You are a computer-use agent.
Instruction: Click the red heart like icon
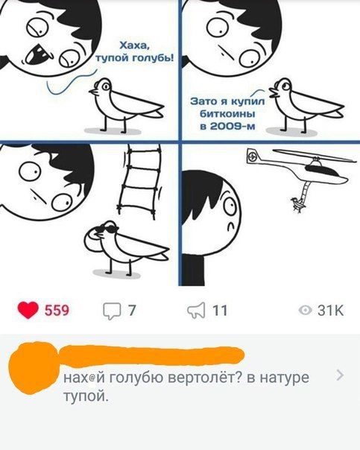click(x=28, y=310)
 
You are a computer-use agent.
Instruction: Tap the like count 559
click(x=57, y=311)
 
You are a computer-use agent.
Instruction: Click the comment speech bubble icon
click(x=112, y=311)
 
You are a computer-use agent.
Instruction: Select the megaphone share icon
click(x=196, y=310)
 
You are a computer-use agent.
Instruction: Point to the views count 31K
click(x=330, y=310)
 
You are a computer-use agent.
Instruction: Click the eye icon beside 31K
click(x=305, y=310)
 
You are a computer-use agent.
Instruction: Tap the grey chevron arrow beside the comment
click(x=340, y=375)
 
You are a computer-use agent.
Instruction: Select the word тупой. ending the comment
click(x=86, y=397)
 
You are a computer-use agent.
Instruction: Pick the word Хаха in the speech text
click(x=134, y=45)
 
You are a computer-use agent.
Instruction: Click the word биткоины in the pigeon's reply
click(x=227, y=114)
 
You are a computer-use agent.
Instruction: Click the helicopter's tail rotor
click(x=252, y=156)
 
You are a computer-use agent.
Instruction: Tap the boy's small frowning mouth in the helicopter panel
click(x=230, y=226)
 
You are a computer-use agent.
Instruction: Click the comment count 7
click(x=131, y=310)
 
